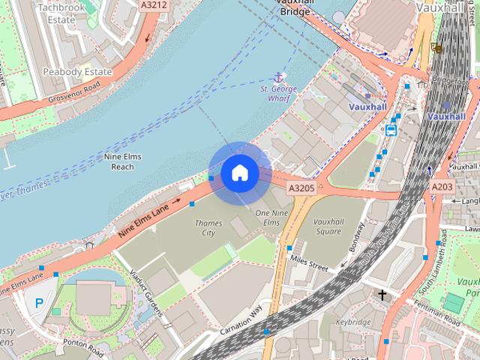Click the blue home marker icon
[x=239, y=173]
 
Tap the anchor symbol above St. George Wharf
[x=279, y=78]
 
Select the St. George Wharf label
[x=279, y=93]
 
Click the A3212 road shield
[x=154, y=4]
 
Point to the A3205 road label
[x=301, y=187]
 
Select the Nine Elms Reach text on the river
[x=128, y=161]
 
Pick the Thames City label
[x=208, y=228]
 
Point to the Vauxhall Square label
[x=328, y=226]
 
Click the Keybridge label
[x=353, y=322]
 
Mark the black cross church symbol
[x=382, y=295]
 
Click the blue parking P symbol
[x=39, y=303]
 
